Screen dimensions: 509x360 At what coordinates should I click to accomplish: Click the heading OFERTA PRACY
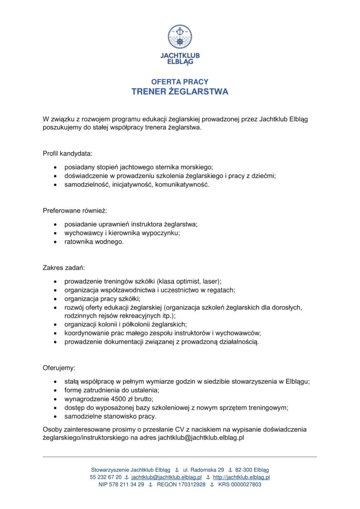click(x=180, y=82)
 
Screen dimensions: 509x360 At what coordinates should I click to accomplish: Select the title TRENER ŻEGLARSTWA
click(x=180, y=92)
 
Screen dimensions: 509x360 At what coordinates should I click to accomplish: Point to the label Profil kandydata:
click(x=68, y=154)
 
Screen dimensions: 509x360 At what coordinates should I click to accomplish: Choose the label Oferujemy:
click(x=59, y=368)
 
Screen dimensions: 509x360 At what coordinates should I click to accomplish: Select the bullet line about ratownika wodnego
click(x=93, y=242)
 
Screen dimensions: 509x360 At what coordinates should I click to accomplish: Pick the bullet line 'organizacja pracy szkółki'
click(x=102, y=299)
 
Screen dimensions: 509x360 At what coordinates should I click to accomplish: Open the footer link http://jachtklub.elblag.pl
click(x=241, y=477)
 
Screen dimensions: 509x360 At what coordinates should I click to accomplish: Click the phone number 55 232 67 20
click(x=106, y=477)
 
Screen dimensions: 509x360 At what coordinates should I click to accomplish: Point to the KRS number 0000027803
click(x=243, y=485)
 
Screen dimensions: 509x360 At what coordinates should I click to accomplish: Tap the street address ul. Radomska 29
click(x=204, y=470)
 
